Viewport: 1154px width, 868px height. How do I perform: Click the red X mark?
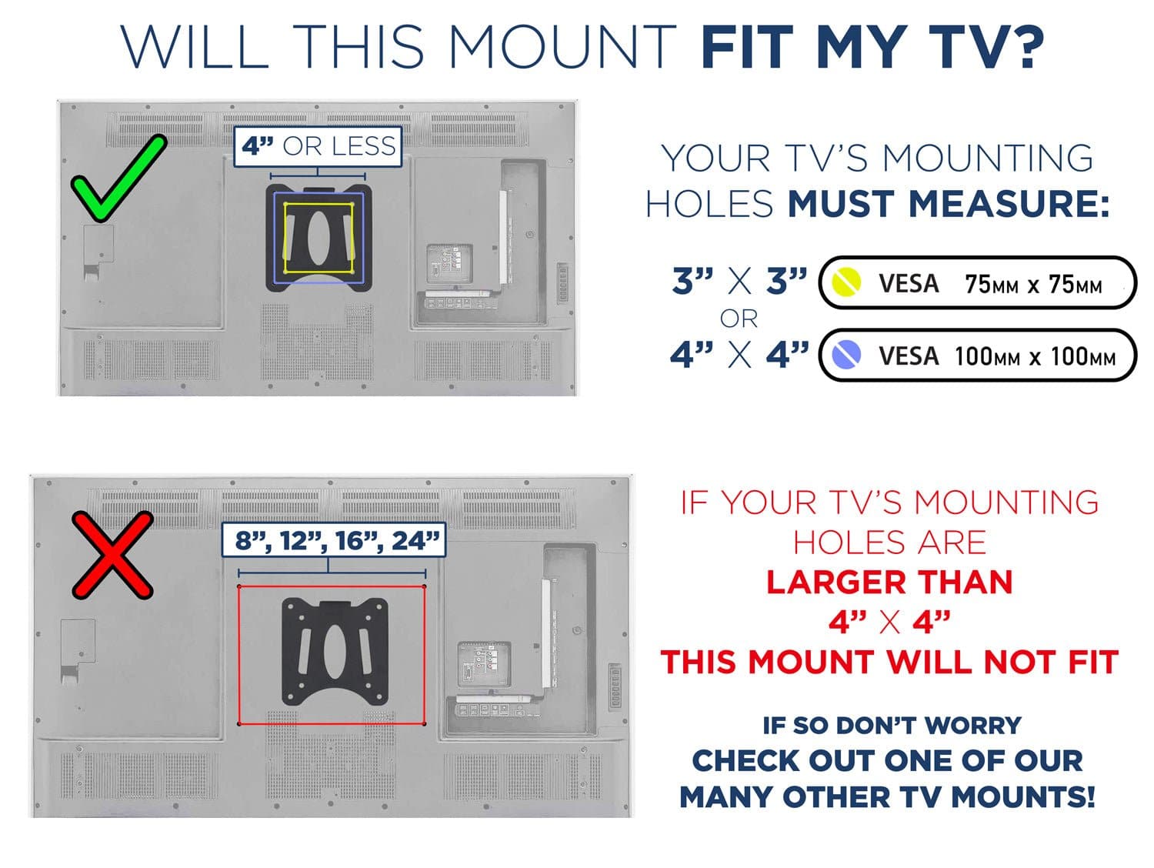click(112, 555)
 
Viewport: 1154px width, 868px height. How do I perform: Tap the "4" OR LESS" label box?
click(318, 146)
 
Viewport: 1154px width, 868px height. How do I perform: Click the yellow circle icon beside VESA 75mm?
click(846, 282)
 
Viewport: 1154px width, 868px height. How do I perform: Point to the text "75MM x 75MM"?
click(1032, 285)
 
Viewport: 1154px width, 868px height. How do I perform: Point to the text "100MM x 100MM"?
click(1034, 356)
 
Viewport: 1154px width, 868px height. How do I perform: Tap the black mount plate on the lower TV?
click(335, 651)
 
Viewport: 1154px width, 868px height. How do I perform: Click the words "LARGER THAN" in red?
click(889, 582)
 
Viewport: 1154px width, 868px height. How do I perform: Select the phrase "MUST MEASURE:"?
click(948, 204)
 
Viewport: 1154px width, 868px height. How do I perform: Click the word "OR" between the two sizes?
click(739, 319)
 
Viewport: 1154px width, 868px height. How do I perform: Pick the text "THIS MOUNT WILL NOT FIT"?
click(889, 662)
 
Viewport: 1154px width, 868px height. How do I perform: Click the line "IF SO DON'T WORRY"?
click(891, 725)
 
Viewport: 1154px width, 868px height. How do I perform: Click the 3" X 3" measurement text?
click(739, 282)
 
